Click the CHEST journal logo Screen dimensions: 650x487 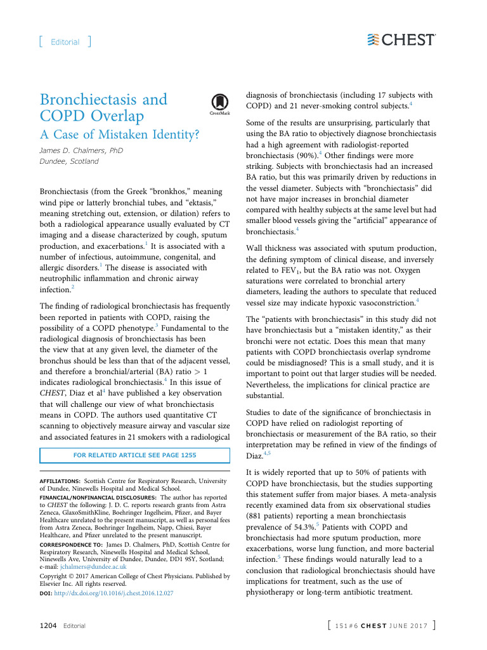point(401,39)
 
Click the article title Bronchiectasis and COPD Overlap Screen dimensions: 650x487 point(103,108)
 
